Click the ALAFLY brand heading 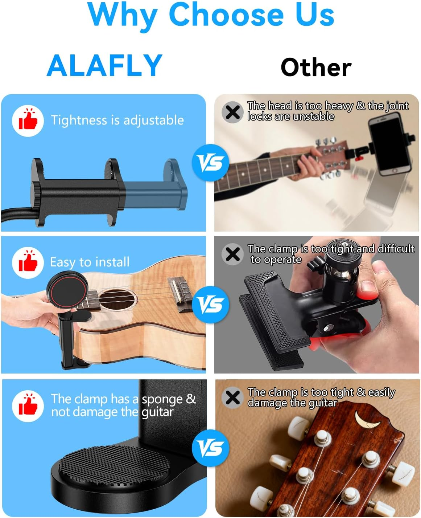(104, 65)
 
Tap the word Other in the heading (316, 68)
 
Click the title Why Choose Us (211, 15)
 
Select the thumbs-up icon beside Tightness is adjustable (28, 120)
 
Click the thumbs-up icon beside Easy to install (28, 262)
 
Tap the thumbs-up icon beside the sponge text (28, 405)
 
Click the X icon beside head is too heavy (232, 112)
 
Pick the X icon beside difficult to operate (232, 254)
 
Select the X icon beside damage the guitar (232, 397)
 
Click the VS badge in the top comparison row (210, 162)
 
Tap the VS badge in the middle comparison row (210, 304)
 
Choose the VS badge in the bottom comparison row (210, 448)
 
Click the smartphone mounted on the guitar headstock (389, 144)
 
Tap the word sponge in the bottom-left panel (162, 399)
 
